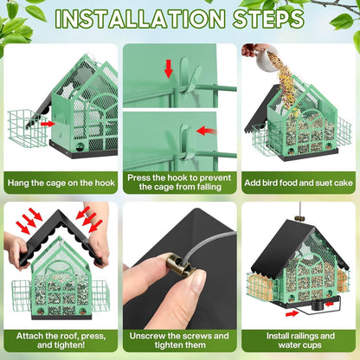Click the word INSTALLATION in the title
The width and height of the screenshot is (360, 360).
(140, 19)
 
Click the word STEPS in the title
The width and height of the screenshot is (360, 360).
(268, 19)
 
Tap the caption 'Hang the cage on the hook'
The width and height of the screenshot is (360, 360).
(61, 183)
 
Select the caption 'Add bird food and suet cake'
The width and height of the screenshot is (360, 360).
(299, 183)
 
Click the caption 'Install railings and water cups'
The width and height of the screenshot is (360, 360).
(300, 340)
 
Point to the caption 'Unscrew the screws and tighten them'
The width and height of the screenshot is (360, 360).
(179, 340)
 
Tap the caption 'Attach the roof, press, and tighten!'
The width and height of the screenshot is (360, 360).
(61, 340)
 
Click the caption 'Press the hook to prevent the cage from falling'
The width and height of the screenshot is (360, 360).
(179, 183)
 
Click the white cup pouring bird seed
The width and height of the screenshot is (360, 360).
(266, 59)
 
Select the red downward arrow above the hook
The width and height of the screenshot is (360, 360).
(169, 69)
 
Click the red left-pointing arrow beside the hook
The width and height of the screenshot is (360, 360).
(206, 131)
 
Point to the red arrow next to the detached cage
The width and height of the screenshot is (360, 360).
(48, 124)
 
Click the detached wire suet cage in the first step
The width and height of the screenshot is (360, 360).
(27, 128)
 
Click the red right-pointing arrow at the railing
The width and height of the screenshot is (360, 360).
(292, 313)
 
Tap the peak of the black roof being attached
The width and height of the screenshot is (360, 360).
(60, 211)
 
